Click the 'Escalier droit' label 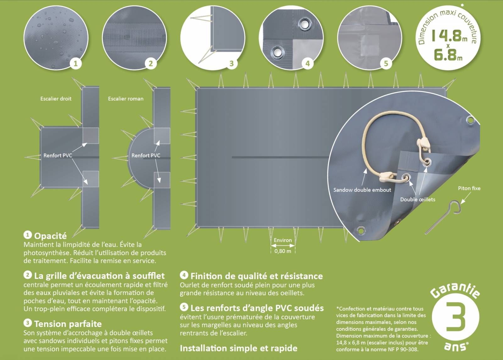pos(56,99)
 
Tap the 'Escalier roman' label pos(126,99)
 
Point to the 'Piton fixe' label pos(469,188)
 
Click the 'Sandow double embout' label pos(362,190)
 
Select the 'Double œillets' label pos(418,199)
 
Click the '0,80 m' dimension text pos(283,251)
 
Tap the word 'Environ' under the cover pos(283,240)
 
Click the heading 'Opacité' pos(51,236)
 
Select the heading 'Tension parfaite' pos(68,324)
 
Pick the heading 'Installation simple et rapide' pos(239,348)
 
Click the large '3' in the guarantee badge pos(455,317)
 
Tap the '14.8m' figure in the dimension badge pos(450,36)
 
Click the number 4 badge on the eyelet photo pos(308,63)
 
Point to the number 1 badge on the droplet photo pos(75,63)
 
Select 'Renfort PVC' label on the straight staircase pos(58,155)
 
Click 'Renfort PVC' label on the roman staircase pos(146,155)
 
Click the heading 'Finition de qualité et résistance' pos(257,276)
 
